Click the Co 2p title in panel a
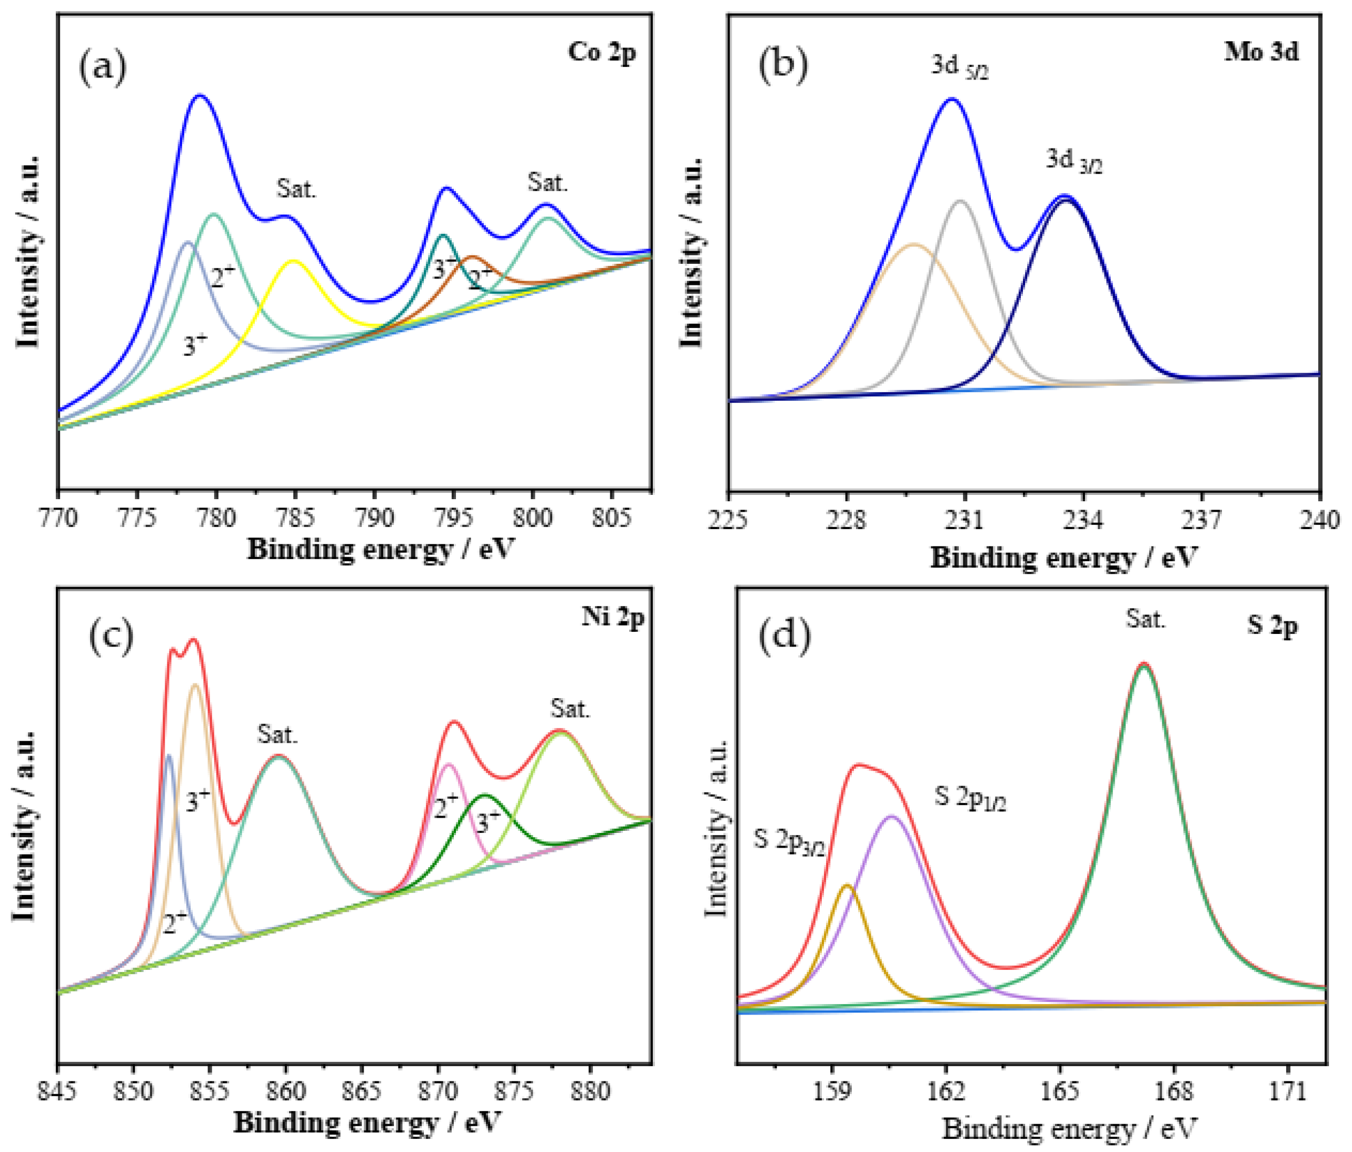(x=601, y=52)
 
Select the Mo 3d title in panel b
(x=1260, y=52)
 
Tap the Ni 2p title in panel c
(x=612, y=616)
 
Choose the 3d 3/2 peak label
(x=1073, y=160)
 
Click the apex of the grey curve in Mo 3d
(x=960, y=201)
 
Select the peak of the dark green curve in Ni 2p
(x=484, y=795)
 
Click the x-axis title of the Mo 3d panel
(x=1063, y=558)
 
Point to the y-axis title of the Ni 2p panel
(x=25, y=826)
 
